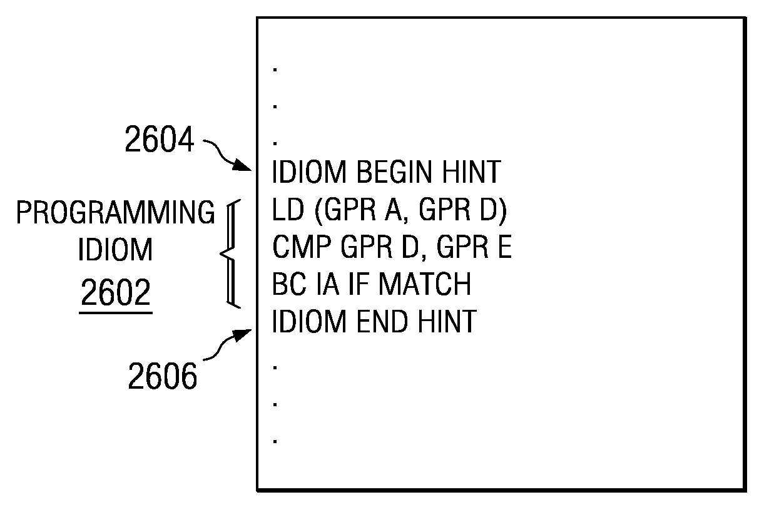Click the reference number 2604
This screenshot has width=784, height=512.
point(160,140)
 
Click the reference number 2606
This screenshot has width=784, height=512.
point(163,376)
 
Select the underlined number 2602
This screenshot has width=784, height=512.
point(116,292)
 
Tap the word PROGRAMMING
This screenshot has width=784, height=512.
point(116,212)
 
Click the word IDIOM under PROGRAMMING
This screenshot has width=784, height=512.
point(116,249)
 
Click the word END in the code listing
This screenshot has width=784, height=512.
point(382,321)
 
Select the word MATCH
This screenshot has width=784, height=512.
point(425,284)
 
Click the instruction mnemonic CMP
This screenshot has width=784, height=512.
point(302,247)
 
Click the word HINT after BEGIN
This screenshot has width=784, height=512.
point(471,172)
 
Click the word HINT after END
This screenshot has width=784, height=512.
point(447,321)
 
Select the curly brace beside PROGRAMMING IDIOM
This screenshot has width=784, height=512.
point(230,254)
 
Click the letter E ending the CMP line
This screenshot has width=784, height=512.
point(504,247)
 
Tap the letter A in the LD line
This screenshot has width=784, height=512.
point(394,210)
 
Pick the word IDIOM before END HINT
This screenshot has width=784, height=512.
point(309,321)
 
